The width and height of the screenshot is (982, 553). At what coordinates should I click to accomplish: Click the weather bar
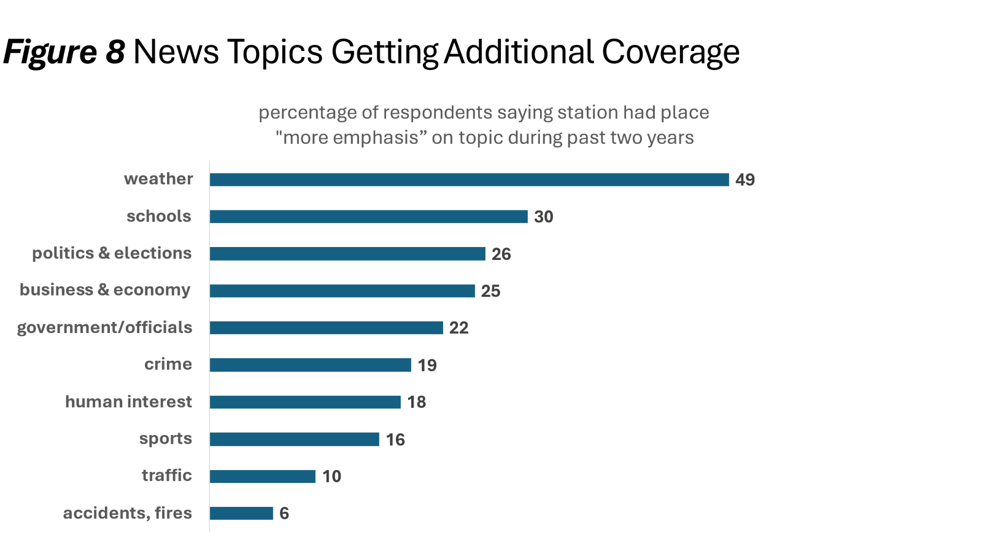pyautogui.click(x=469, y=179)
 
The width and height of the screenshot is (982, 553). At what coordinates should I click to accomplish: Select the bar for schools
pyautogui.click(x=368, y=216)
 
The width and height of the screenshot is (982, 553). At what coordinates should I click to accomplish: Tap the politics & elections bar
pyautogui.click(x=347, y=254)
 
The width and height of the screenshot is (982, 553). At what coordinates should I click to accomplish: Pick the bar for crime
pyautogui.click(x=310, y=365)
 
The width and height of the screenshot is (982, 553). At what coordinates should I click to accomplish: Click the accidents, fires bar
pyautogui.click(x=241, y=513)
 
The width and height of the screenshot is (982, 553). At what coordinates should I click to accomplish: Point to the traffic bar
pyautogui.click(x=262, y=476)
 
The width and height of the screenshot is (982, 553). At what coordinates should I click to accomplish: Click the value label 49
pyautogui.click(x=744, y=180)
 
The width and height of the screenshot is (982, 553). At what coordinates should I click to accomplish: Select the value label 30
pyautogui.click(x=543, y=217)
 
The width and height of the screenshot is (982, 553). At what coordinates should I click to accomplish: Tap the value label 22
pyautogui.click(x=458, y=328)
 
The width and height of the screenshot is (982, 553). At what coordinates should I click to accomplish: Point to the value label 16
pyautogui.click(x=395, y=439)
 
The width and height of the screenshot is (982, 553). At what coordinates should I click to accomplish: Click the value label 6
pyautogui.click(x=284, y=514)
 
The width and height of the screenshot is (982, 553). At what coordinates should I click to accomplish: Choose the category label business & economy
pyautogui.click(x=105, y=290)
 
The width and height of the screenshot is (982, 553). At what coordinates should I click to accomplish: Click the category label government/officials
pyautogui.click(x=104, y=327)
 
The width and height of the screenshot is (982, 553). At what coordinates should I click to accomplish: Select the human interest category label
pyautogui.click(x=128, y=402)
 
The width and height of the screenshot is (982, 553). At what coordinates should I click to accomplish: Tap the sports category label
pyautogui.click(x=165, y=439)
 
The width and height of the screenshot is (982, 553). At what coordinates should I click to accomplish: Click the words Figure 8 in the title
pyautogui.click(x=64, y=52)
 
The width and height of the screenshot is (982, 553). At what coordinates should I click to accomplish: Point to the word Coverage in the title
pyautogui.click(x=670, y=52)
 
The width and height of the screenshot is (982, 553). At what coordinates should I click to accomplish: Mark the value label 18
pyautogui.click(x=416, y=402)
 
